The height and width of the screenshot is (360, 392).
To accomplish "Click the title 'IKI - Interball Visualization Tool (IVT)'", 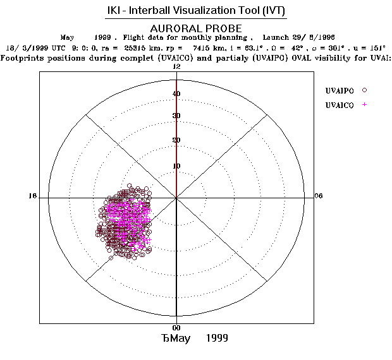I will (195, 11).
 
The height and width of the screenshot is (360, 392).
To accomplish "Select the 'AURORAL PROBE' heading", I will (195, 28).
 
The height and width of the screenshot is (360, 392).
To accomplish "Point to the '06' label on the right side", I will (318, 196).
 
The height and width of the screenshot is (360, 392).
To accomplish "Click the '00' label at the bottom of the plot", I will (177, 328).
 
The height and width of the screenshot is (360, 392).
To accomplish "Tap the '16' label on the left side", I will (33, 196).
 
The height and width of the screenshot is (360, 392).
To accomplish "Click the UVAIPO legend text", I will (339, 90).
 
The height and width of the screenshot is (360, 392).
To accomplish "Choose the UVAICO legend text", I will (339, 104).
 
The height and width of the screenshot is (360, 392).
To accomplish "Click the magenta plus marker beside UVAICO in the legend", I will (365, 104).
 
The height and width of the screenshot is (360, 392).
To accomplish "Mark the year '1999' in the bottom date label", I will (217, 339).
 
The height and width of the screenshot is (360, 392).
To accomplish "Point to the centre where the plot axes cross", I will (176, 198).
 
